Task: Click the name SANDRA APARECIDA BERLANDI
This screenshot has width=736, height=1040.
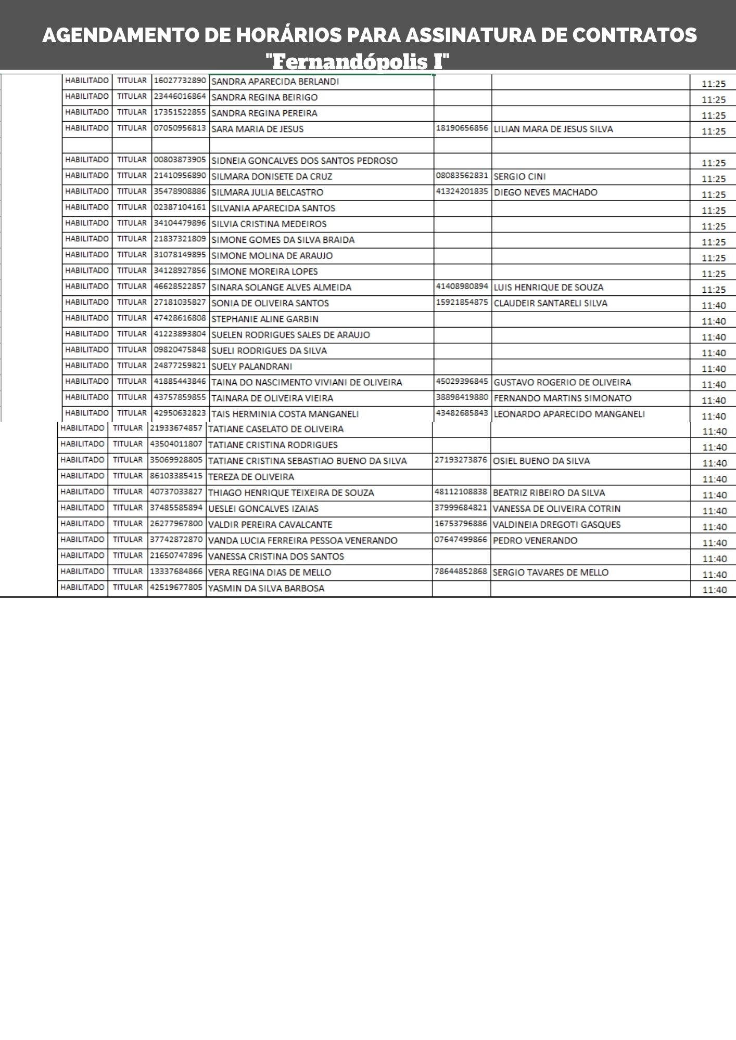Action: [275, 82]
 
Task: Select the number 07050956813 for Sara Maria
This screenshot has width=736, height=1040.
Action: [180, 128]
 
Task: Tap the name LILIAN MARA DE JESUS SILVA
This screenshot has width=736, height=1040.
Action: [553, 129]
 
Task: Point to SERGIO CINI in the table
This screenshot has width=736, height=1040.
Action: [519, 176]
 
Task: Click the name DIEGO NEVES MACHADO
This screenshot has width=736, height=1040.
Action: [545, 192]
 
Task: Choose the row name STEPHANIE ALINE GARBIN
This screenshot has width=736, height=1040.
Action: [264, 319]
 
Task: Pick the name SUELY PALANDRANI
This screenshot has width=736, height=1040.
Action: [251, 367]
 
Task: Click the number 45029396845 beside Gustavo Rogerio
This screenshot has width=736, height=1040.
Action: [462, 382]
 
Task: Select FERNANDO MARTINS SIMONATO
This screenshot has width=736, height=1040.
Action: [562, 398]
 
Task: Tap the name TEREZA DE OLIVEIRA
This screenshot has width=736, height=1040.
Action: [251, 477]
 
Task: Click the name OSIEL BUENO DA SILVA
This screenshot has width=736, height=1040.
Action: [541, 461]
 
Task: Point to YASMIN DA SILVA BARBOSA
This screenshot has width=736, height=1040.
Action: [266, 589]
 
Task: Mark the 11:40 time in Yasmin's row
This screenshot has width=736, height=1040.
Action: [714, 590]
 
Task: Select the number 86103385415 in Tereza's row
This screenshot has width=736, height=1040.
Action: [176, 476]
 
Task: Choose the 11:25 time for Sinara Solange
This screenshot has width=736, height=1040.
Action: [713, 290]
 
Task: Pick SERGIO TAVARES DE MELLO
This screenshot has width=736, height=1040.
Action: [550, 573]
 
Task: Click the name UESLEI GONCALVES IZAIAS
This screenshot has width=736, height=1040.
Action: [263, 509]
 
